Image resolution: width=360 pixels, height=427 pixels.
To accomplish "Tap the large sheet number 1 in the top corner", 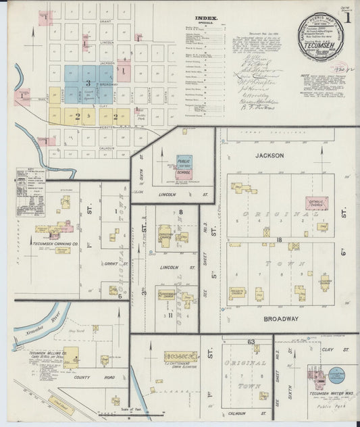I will (x=347, y=18).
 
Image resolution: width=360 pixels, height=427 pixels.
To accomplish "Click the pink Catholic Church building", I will (x=316, y=203).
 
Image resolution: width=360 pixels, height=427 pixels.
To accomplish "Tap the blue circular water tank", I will (x=336, y=374).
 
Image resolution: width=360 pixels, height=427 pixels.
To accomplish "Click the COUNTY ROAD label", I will (x=99, y=377).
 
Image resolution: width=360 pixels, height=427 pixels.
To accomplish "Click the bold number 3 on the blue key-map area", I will (x=88, y=82).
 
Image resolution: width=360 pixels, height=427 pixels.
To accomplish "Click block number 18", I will (x=278, y=239).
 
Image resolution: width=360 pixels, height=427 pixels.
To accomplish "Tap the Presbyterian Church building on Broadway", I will (x=237, y=293).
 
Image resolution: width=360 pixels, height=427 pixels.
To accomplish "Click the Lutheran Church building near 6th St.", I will (x=324, y=284).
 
